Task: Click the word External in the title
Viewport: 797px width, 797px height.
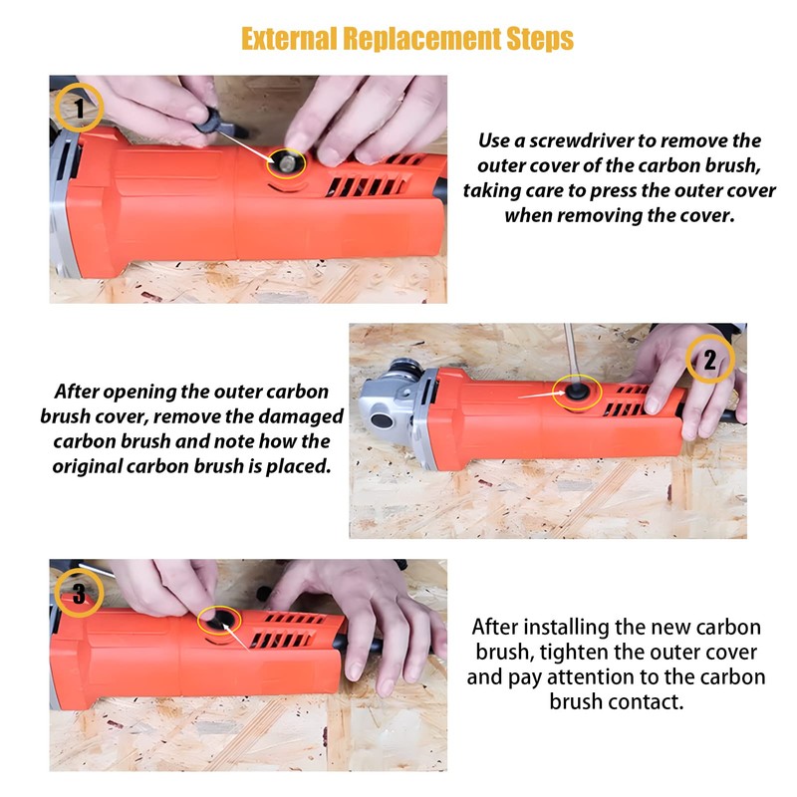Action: point(288,39)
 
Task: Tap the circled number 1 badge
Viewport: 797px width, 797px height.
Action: point(79,109)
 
